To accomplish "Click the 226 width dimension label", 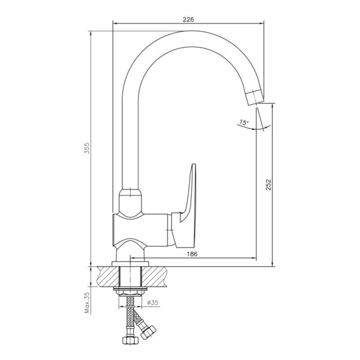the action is [x=188, y=19].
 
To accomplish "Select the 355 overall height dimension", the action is [x=87, y=148].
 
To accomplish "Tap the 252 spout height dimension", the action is [x=268, y=184].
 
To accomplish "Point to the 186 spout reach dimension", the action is [x=192, y=254].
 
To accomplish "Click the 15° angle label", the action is [x=243, y=122].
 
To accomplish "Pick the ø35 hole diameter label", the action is [x=153, y=302].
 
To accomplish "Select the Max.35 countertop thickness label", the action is [x=87, y=302].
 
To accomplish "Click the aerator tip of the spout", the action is [x=255, y=97].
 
